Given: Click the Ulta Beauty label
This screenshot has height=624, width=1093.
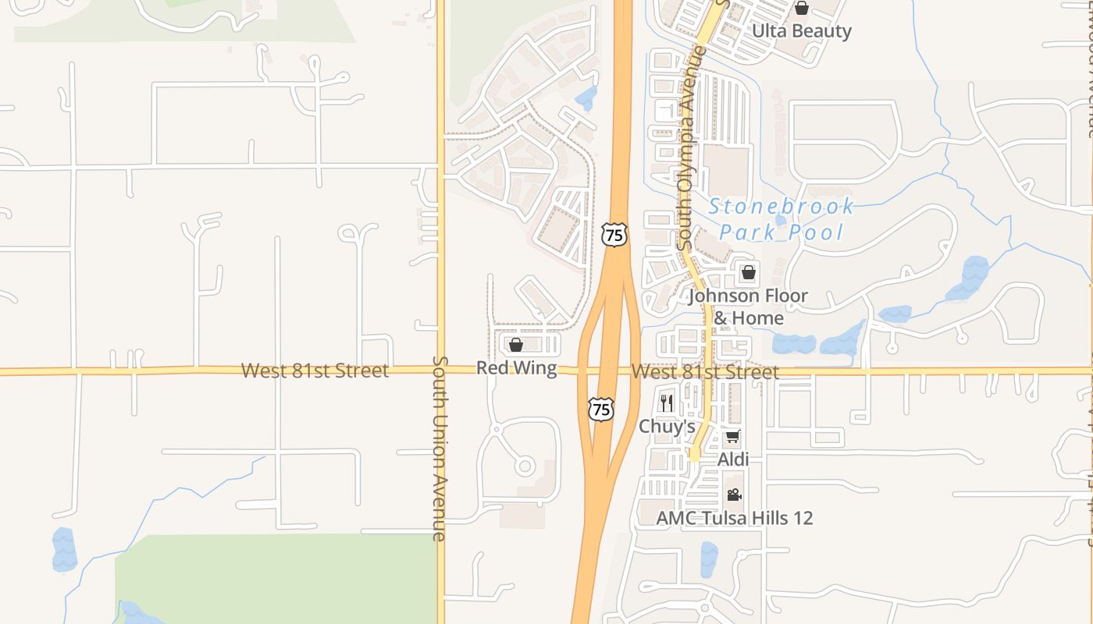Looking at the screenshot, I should coord(801,31).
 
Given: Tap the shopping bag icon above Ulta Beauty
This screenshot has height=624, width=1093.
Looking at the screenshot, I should coord(801,9).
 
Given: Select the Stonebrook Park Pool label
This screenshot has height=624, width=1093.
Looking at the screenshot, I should coord(781,219).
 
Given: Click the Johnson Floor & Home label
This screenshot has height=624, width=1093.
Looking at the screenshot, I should coord(748,307).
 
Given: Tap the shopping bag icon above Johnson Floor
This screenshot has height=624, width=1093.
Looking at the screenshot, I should coord(748,273).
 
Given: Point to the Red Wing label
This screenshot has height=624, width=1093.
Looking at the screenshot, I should coord(516,368).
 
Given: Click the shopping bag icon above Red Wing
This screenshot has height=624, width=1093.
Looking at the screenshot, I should coord(516,345).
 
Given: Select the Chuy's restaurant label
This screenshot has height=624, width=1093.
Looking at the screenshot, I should coord(667,427).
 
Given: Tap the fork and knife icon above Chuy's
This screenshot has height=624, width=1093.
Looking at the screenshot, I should coord(666,402).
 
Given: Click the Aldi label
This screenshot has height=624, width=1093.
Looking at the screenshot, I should coord(733,459).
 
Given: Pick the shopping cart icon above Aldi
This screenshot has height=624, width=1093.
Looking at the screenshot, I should coord(732,437).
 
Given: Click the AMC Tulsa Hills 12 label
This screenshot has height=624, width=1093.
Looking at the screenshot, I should coord(734,518).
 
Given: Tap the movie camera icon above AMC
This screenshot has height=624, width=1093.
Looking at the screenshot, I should coord(734,495).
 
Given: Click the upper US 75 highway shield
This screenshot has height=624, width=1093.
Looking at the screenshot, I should coord(614,235).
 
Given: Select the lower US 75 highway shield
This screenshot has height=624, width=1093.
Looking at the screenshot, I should coord(601,409).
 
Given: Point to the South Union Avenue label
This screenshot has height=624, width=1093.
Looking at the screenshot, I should coord(440,448).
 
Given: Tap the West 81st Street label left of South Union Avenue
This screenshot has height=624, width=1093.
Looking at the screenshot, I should coord(314,370).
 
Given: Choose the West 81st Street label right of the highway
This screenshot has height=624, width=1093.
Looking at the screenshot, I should coord(704,372).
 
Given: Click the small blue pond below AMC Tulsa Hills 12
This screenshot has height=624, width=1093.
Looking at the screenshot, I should coord(709,558).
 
